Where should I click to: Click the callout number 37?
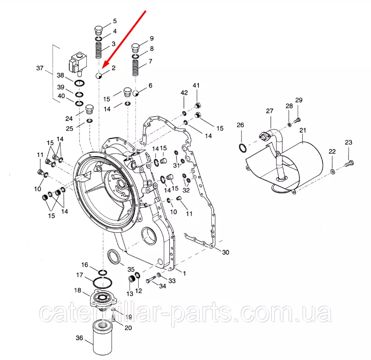coord(40,69)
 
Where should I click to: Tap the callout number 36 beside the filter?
coord(79,338)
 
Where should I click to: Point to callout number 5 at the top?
coord(114,21)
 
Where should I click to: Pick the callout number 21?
coord(303,130)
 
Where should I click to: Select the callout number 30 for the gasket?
coord(225,252)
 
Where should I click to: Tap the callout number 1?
coord(184,273)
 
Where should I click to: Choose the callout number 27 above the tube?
coord(270,111)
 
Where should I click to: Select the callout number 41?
coord(196,86)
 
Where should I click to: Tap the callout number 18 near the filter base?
coord(78,290)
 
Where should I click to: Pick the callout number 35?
coord(130,270)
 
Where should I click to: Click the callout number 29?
coord(299,100)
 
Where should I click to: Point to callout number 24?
coord(69,119)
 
